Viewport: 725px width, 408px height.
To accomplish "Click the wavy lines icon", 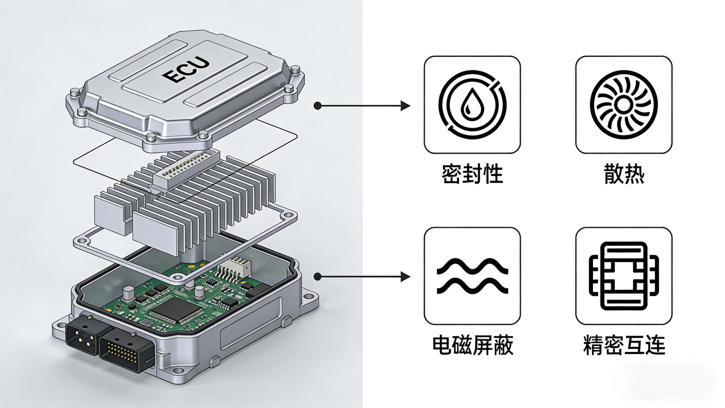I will click(472, 276).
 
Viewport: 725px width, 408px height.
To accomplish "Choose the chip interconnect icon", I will click(624, 276).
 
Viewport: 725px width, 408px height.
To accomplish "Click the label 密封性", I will click(472, 174).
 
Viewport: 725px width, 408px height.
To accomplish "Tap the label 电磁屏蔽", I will click(472, 346).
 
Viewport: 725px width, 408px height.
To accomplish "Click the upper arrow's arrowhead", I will click(405, 106).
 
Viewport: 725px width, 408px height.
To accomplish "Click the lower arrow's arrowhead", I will click(405, 277).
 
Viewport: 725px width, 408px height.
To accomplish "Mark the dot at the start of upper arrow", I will click(317, 106).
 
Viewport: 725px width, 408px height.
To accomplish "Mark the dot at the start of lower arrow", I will click(317, 277).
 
